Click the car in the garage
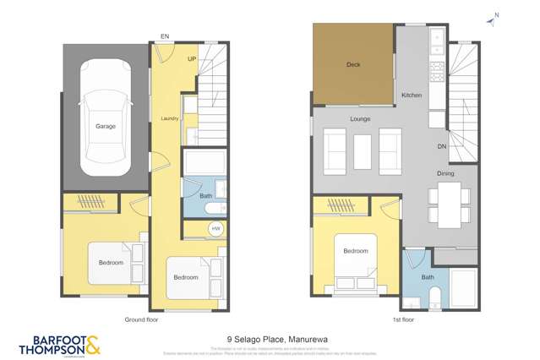pyautogui.click(x=106, y=114)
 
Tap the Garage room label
pyautogui.click(x=106, y=127)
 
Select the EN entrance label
pyautogui.click(x=165, y=36)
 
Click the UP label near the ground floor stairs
pyautogui.click(x=192, y=59)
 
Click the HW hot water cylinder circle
pyautogui.click(x=215, y=229)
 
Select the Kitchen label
pyautogui.click(x=412, y=95)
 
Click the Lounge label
pyautogui.click(x=361, y=118)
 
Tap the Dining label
pyautogui.click(x=445, y=173)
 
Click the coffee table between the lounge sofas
pyautogui.click(x=363, y=151)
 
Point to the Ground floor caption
pyautogui.click(x=141, y=321)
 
